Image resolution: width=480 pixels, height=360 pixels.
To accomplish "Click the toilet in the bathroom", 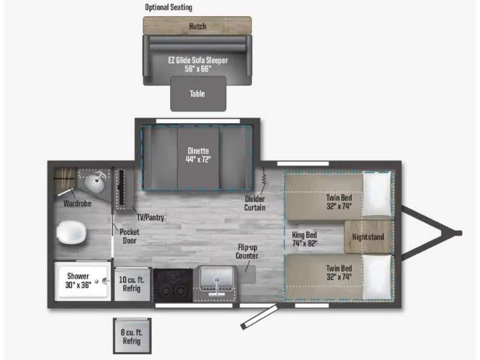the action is pos(71,232).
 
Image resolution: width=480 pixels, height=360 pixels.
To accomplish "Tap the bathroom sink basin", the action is pos(95,184).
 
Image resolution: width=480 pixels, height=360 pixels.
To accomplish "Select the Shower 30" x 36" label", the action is pos(78,280).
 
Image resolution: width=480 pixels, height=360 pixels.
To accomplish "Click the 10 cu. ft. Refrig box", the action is pos(132,284).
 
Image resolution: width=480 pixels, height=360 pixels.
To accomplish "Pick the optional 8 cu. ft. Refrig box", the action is pos(132,336).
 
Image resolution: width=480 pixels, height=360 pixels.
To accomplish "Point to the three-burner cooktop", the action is pos(173,286).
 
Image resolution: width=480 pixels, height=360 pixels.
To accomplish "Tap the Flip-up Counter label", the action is pos(247,251).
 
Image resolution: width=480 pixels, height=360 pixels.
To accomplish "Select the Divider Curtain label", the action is pos(254,203).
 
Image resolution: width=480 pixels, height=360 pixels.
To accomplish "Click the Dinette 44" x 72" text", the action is pos(199,155).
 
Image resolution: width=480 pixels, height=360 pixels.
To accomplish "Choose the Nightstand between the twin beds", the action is pos(368,237).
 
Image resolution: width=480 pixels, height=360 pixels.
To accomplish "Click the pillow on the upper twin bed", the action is pos(377,194).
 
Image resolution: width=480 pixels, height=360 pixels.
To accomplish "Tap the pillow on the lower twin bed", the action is pos(377,277).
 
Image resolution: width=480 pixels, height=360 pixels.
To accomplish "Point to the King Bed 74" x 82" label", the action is pos(304,239).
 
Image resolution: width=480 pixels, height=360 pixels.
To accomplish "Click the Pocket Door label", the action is pos(129,236).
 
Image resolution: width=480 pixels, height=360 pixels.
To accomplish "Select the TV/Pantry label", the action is pos(151,217).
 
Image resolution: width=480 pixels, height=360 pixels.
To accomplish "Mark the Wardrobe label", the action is pos(77,203).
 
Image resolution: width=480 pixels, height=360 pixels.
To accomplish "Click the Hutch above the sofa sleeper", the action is pos(197,26).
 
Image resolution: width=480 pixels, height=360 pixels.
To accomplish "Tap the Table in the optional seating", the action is pos(198,94).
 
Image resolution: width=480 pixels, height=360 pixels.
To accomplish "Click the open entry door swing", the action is pos(259,317).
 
